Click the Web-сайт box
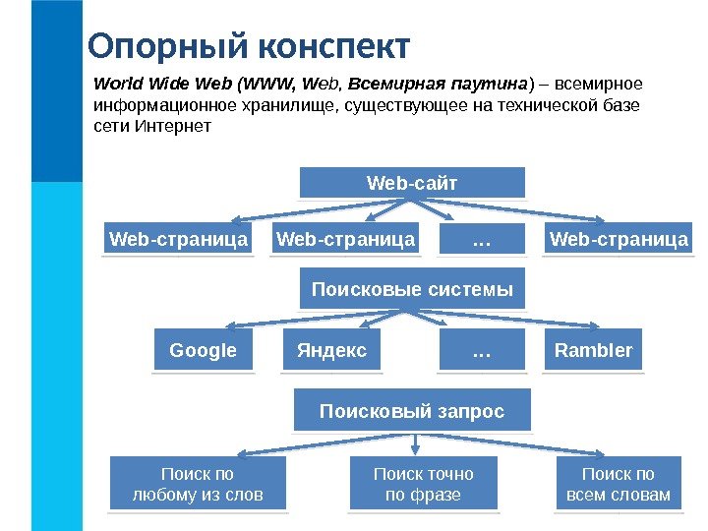[412, 183]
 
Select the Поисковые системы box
[412, 290]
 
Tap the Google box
[204, 351]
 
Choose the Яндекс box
[331, 351]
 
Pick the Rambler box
[593, 351]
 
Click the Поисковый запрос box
[412, 411]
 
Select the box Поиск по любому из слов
[199, 484]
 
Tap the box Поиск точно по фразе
[423, 484]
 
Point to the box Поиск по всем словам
[619, 484]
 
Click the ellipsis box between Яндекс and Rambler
[482, 351]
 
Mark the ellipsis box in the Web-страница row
[482, 239]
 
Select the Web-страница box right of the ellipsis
[619, 239]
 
